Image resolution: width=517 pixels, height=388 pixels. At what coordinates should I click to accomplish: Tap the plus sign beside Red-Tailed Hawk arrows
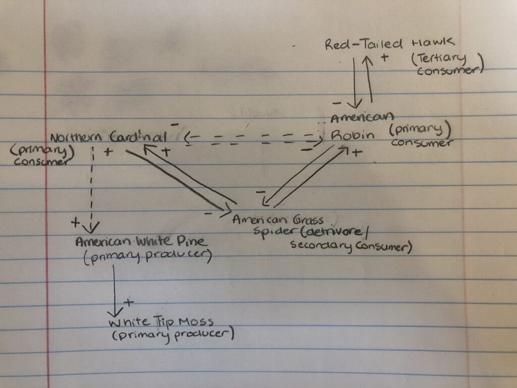[x=384, y=57]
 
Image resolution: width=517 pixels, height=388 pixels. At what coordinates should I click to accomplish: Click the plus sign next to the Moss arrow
[x=129, y=303]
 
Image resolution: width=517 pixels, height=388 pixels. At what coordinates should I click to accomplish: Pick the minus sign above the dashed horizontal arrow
[x=175, y=123]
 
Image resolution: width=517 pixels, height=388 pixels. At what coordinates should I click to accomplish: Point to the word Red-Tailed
[x=356, y=44]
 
